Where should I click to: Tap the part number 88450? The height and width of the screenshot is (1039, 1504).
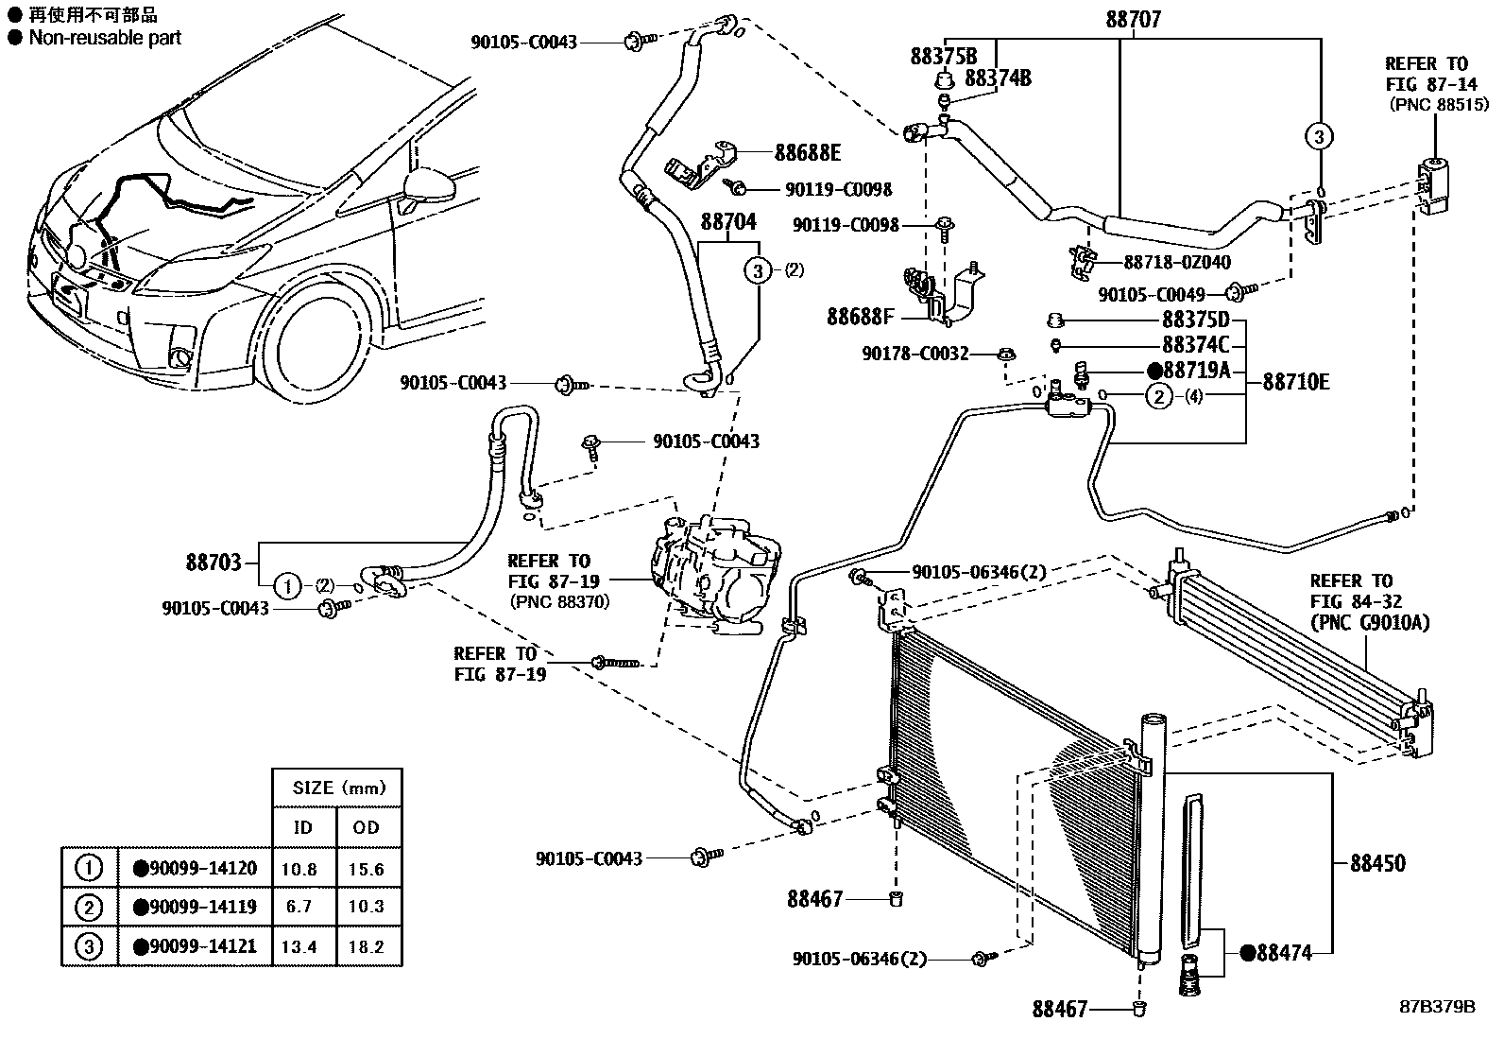click(1376, 862)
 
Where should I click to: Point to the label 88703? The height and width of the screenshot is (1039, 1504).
click(214, 562)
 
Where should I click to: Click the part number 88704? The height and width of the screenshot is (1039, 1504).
click(728, 222)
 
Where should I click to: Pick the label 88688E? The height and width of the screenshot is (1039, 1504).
click(807, 152)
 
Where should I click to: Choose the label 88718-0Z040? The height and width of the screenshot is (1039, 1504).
click(1177, 263)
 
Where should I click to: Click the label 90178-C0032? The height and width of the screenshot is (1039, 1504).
click(914, 353)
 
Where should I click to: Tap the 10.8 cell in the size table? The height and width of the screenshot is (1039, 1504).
click(300, 869)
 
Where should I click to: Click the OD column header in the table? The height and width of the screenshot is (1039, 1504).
click(367, 827)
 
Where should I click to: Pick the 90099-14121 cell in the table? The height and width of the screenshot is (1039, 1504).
click(195, 945)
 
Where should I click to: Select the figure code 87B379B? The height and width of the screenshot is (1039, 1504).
click(1437, 1007)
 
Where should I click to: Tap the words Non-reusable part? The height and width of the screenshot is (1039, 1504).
click(105, 38)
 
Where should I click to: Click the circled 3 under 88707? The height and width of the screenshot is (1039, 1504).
click(1320, 136)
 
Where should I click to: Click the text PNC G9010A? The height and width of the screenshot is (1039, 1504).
click(1369, 622)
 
